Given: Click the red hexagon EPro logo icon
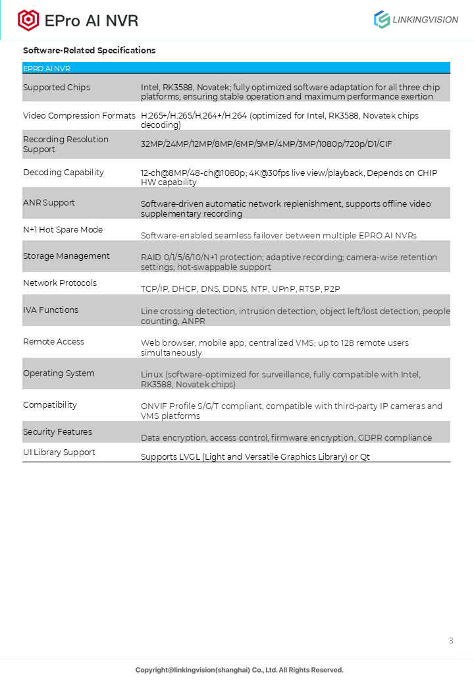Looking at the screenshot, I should tap(28, 20).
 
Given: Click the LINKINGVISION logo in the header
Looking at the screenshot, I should tap(416, 20).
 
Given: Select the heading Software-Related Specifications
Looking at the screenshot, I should tap(90, 51).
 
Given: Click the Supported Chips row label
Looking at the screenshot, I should tap(57, 88).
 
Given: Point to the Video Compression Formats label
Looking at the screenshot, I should tap(79, 116).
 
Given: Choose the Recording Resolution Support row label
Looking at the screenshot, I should tap(66, 144).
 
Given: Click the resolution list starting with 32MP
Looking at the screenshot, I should tap(267, 144).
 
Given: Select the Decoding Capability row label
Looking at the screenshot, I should tap(63, 173).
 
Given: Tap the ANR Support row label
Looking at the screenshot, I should tap(49, 203).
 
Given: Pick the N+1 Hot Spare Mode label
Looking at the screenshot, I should tap(63, 230).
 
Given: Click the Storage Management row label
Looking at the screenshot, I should tap(66, 256).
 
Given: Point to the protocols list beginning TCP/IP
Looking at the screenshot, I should tap(240, 289).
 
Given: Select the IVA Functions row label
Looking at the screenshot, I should tap(51, 310).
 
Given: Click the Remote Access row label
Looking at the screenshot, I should tap(53, 342).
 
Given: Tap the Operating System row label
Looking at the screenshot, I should tap(59, 373).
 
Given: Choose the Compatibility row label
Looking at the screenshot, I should tap(50, 405).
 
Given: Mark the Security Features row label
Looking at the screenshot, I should tap(57, 432).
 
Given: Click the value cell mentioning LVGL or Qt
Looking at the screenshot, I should tap(255, 457).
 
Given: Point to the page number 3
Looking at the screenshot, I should tap(451, 641).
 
